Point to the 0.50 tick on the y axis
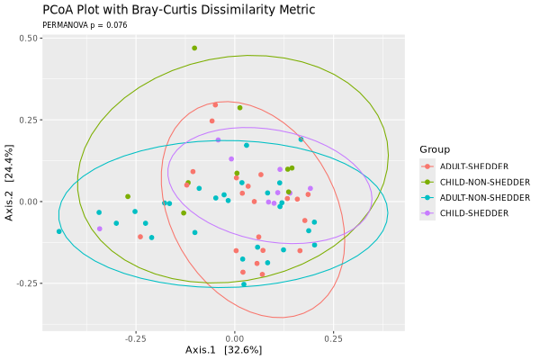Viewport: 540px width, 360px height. (x=27, y=39)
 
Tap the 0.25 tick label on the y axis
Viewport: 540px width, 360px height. (x=27, y=120)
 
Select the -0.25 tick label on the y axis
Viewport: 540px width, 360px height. (x=25, y=283)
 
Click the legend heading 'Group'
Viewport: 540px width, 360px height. (x=435, y=149)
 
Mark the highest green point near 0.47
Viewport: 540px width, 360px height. (x=194, y=48)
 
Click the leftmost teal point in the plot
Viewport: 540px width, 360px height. (x=59, y=231)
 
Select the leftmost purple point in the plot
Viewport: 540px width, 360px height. (x=99, y=229)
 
